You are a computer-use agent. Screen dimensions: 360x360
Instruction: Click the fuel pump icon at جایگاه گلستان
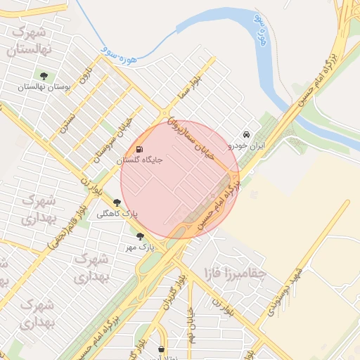point(139,150)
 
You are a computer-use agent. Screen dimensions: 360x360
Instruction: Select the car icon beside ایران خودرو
point(246,134)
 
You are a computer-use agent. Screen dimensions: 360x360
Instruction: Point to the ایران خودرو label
point(246,146)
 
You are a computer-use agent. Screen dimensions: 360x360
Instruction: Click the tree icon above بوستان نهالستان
point(44,76)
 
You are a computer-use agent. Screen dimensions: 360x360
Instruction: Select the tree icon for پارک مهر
point(140,237)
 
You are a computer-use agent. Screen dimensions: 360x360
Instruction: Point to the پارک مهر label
point(140,247)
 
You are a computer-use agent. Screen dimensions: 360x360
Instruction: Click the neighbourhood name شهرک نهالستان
point(33,41)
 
